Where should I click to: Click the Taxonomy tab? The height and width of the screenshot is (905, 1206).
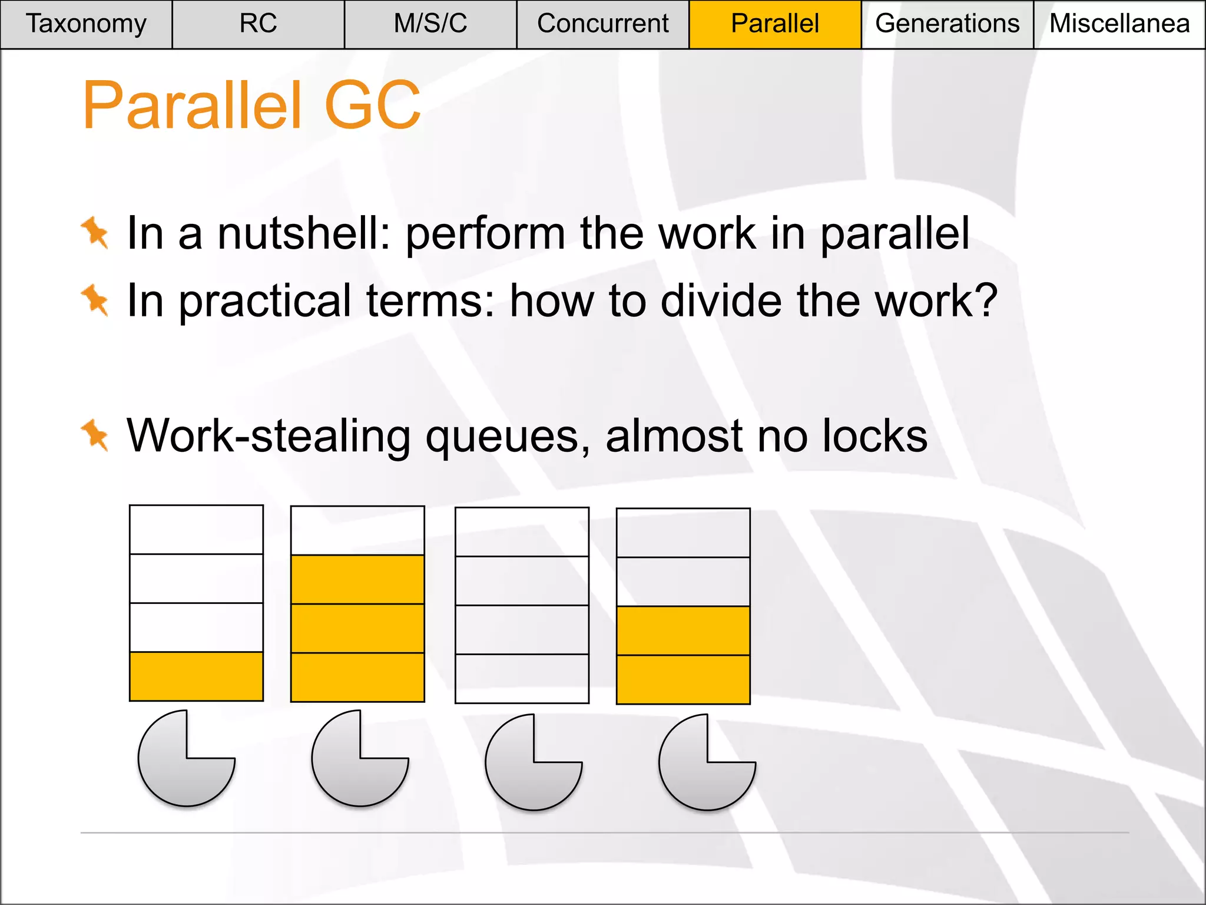86,24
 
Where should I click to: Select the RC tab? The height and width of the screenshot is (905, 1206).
258,24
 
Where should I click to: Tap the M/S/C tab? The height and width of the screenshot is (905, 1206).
430,24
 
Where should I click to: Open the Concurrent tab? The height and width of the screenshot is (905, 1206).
602,24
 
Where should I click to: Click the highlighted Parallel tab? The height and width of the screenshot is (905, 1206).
775,24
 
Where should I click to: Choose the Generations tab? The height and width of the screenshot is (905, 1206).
947,24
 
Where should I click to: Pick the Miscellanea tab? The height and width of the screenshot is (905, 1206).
1119,24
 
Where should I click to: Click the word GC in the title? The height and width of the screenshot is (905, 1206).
372,105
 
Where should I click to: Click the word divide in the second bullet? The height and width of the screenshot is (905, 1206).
721,301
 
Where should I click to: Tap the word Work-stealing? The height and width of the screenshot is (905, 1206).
269,437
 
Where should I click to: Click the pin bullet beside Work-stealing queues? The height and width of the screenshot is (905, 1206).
95,435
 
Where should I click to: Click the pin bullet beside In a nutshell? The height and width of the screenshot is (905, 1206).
95,232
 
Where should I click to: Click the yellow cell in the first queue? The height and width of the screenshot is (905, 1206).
196,676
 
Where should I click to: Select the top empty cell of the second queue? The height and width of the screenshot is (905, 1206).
357,530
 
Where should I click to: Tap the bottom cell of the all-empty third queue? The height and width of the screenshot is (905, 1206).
522,678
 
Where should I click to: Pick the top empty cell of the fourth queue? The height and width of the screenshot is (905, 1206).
683,533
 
